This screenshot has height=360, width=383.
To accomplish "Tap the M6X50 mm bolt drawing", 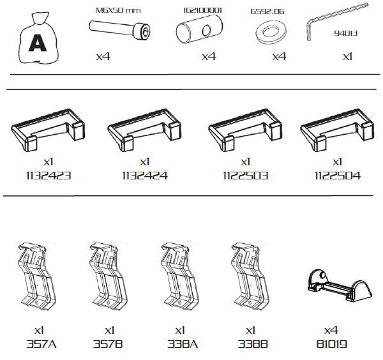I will [x=119, y=31].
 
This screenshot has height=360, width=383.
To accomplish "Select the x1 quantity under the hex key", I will [x=347, y=56].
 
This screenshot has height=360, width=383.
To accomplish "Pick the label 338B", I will [x=250, y=344].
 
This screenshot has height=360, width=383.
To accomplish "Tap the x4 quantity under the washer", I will [x=279, y=57].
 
